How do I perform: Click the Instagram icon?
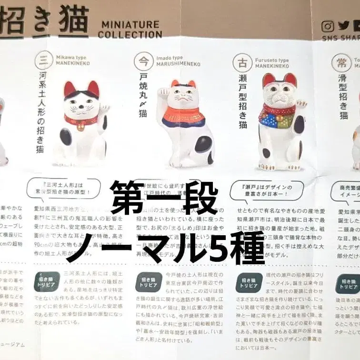point(328,27)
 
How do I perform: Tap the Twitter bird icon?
point(344,27)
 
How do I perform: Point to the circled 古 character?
point(242,63)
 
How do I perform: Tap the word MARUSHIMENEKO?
point(179,64)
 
